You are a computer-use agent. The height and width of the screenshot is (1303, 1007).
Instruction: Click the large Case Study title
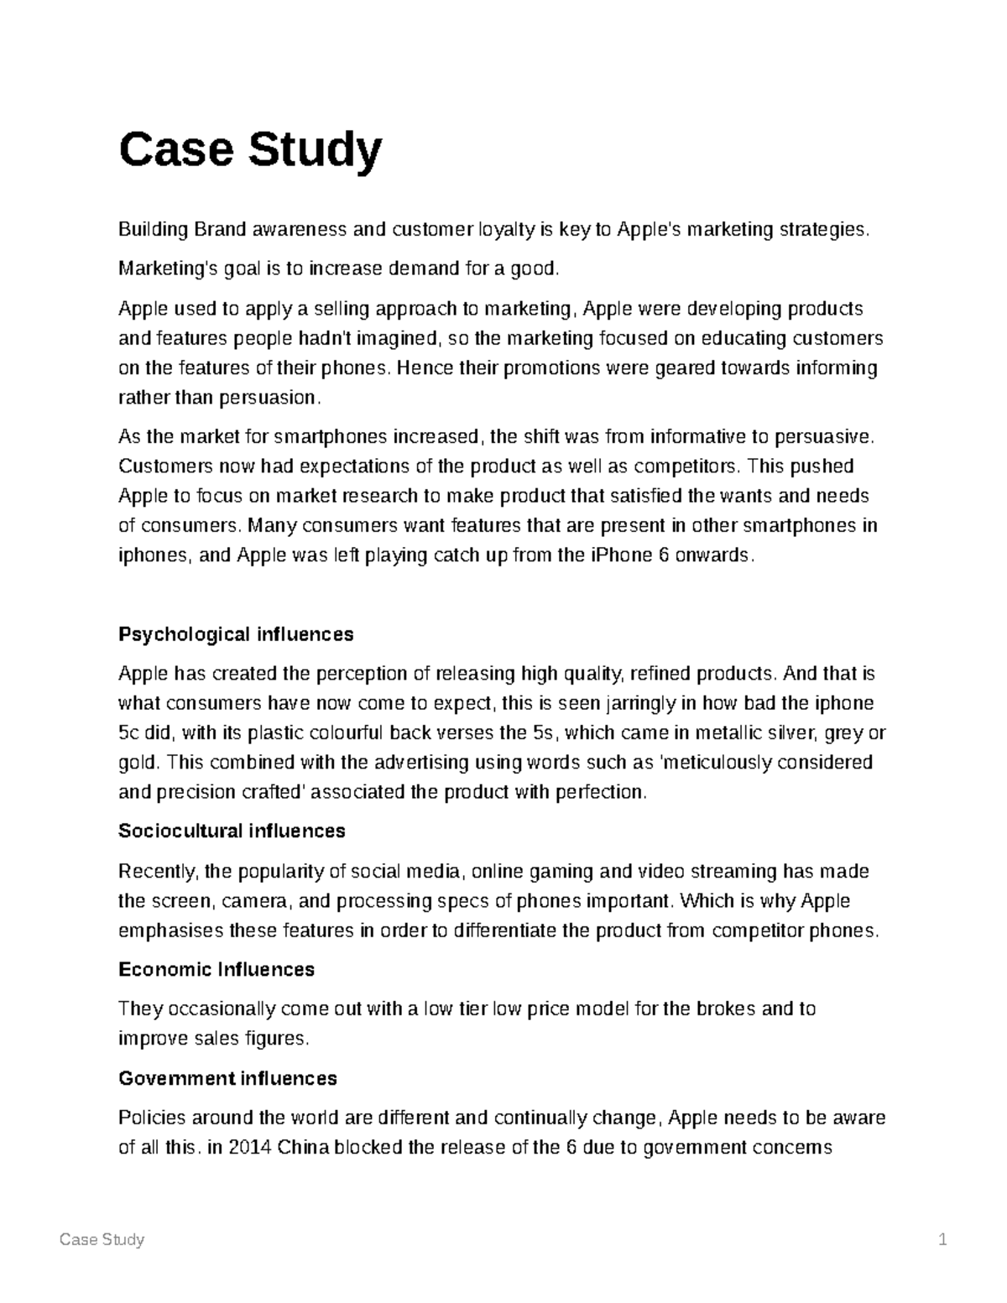[x=250, y=149]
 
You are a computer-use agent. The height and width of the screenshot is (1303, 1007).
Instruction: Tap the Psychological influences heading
[x=236, y=634]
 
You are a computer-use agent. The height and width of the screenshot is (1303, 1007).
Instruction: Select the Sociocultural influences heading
[x=232, y=831]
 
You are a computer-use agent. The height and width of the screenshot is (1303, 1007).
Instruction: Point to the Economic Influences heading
[x=217, y=970]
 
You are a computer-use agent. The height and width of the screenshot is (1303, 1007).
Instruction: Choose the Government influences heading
[x=227, y=1078]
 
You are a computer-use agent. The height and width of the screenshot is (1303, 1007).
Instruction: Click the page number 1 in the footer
[x=943, y=1240]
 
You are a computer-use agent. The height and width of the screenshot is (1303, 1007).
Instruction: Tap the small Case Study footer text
[x=102, y=1240]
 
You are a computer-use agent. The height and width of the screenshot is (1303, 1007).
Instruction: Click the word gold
[x=137, y=763]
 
